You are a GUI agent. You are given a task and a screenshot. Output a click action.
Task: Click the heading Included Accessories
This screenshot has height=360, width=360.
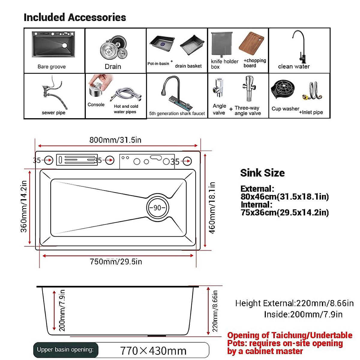tap(75, 17)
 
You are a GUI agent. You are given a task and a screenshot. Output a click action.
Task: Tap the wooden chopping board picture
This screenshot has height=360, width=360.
tap(251, 42)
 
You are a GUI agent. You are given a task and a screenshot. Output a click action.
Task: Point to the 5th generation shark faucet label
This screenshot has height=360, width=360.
tap(177, 114)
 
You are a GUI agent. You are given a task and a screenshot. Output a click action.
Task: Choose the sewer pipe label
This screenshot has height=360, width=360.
tap(53, 113)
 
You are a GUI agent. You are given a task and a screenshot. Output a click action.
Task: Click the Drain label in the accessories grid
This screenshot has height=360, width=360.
tap(113, 67)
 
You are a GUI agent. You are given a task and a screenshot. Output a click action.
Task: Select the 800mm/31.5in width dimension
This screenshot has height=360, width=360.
tap(115, 140)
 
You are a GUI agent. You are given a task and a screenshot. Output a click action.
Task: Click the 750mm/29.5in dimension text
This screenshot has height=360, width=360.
tap(116, 262)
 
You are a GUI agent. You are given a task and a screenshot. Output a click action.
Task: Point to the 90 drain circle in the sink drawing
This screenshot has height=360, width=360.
tap(157, 208)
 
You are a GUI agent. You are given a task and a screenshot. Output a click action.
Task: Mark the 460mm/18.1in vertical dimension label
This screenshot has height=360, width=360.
tap(212, 208)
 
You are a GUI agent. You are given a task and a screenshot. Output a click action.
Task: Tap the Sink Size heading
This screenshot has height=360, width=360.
tap(262, 173)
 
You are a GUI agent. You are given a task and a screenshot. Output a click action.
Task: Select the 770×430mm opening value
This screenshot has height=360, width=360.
tap(153, 351)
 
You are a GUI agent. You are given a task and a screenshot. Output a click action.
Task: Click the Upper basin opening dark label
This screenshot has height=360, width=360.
tap(65, 350)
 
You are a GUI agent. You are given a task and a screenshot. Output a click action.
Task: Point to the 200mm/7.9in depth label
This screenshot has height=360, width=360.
tap(62, 310)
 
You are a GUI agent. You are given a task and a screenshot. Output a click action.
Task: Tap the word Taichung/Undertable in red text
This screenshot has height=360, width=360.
tap(312, 335)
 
